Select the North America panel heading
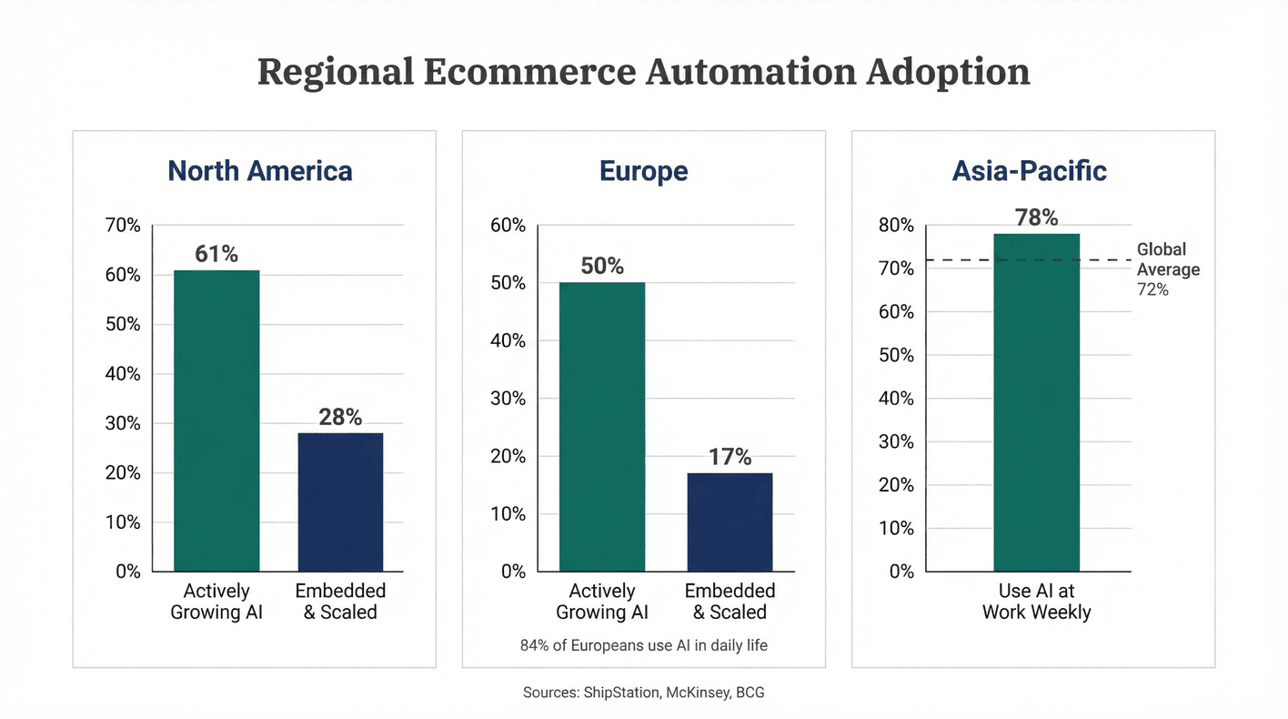[260, 171]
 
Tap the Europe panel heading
[643, 171]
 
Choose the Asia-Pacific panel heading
[1029, 171]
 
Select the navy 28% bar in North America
[340, 501]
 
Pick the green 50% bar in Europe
[602, 427]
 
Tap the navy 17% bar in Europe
[730, 522]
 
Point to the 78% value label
[1036, 218]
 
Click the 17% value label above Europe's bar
[730, 457]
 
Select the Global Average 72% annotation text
[1168, 269]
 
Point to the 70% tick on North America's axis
[123, 226]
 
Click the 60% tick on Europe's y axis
[508, 226]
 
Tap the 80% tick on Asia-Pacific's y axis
[895, 226]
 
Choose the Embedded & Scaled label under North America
[340, 602]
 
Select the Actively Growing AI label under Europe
[602, 602]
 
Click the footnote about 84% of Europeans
[643, 646]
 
